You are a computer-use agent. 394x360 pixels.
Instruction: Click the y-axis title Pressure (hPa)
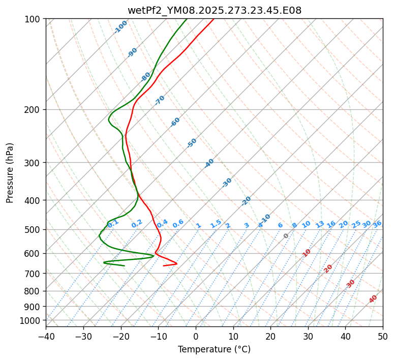click(x=10, y=173)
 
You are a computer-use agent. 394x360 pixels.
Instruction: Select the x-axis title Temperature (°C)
click(x=214, y=350)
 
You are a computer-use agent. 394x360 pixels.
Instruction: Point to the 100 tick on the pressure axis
click(x=34, y=19)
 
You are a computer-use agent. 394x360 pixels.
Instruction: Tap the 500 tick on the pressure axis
click(x=34, y=229)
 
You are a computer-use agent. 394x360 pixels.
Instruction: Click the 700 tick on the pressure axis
click(x=34, y=274)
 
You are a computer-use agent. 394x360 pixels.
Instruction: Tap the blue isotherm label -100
click(x=120, y=27)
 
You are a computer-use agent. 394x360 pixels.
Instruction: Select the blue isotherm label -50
click(x=192, y=143)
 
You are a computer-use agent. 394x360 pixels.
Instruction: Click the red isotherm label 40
click(x=373, y=299)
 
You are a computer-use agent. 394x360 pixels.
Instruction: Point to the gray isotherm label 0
click(x=286, y=236)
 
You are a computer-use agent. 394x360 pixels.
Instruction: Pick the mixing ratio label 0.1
click(x=113, y=223)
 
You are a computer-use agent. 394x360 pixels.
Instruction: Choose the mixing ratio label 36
click(x=377, y=224)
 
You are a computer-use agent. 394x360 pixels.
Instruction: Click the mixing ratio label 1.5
click(x=216, y=223)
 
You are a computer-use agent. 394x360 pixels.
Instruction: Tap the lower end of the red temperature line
click(x=164, y=265)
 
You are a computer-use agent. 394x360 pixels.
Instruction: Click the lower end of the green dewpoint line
click(x=124, y=265)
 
